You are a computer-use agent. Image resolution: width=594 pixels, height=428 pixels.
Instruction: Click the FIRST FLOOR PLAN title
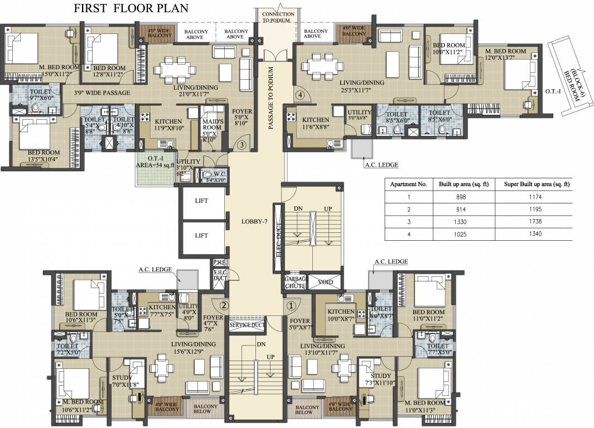tap(131, 8)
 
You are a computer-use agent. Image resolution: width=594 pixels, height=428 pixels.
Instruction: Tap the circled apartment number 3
tap(242, 145)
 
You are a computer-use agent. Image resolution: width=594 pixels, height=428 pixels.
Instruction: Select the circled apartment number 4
tap(301, 95)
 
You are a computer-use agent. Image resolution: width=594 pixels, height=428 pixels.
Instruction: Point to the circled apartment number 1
tap(290, 305)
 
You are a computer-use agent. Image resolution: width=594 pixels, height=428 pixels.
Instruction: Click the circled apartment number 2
tap(224, 305)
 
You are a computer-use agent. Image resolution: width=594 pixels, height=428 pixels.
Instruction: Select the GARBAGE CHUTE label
tap(296, 282)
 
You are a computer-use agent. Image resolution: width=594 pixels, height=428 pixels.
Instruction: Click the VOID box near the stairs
tap(325, 282)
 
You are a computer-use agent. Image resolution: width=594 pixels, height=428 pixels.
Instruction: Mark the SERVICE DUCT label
tap(247, 324)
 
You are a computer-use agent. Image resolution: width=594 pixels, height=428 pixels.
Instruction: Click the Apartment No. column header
tap(408, 184)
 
